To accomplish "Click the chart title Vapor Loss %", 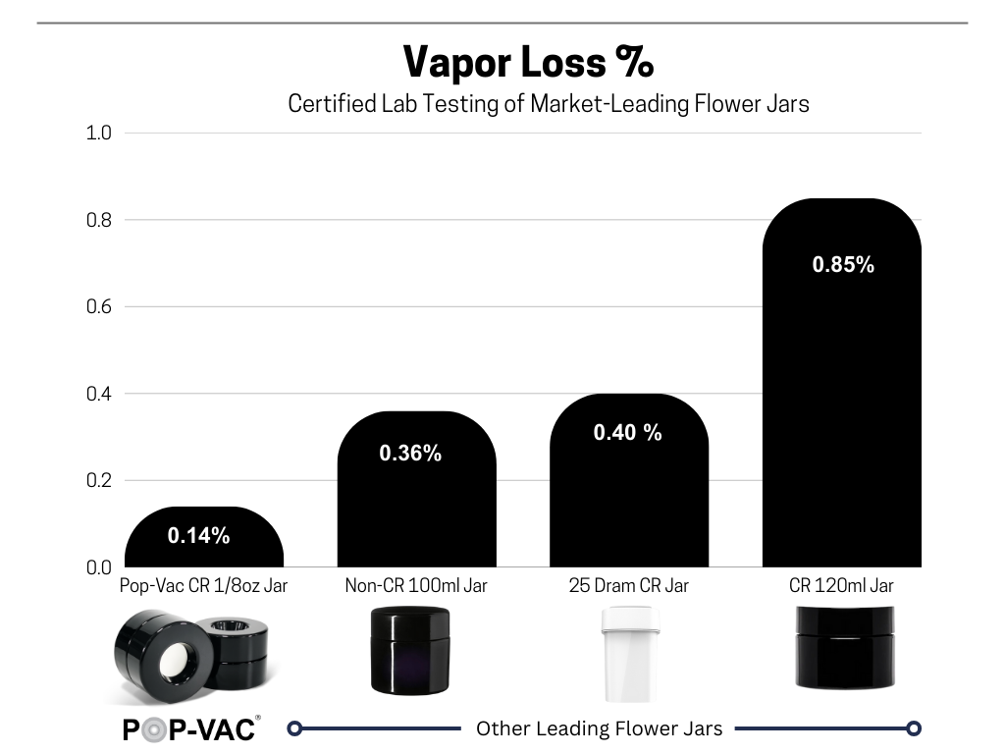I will [x=528, y=63].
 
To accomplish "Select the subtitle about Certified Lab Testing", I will [x=548, y=103].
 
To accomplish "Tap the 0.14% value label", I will [x=198, y=535].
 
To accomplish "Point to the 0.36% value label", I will [x=410, y=454].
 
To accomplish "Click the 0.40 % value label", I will [x=627, y=432].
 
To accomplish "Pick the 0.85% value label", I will [x=843, y=264].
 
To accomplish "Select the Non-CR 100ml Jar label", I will [x=416, y=586].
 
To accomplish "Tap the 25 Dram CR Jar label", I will [x=628, y=586].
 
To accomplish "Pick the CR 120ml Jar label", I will [x=842, y=586].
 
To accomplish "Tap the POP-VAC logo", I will [x=190, y=729].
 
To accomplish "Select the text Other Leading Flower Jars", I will [x=599, y=728].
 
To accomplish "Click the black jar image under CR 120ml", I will [x=843, y=645].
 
